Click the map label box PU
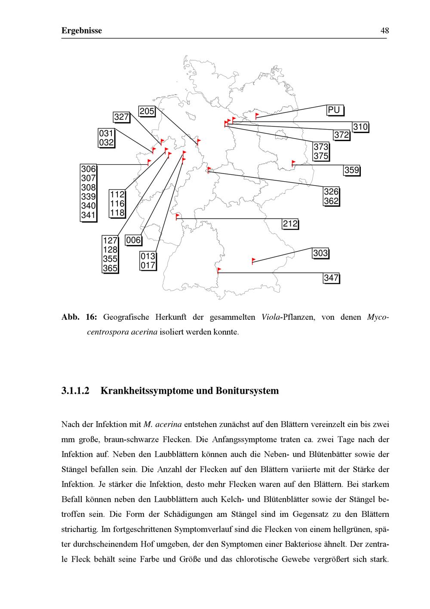[335, 110]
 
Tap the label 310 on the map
[360, 127]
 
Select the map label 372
[341, 135]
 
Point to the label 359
[351, 170]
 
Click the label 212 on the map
[290, 224]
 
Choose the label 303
[320, 253]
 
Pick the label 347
[331, 278]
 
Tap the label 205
[147, 111]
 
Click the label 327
[121, 117]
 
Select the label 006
[133, 240]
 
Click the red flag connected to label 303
[253, 260]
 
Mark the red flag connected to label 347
[219, 270]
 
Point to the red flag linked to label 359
[294, 163]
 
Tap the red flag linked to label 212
[177, 216]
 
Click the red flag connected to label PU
[257, 115]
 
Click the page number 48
[384, 31]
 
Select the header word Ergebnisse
[82, 31]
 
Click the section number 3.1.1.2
[75, 391]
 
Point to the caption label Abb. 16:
[79, 317]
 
